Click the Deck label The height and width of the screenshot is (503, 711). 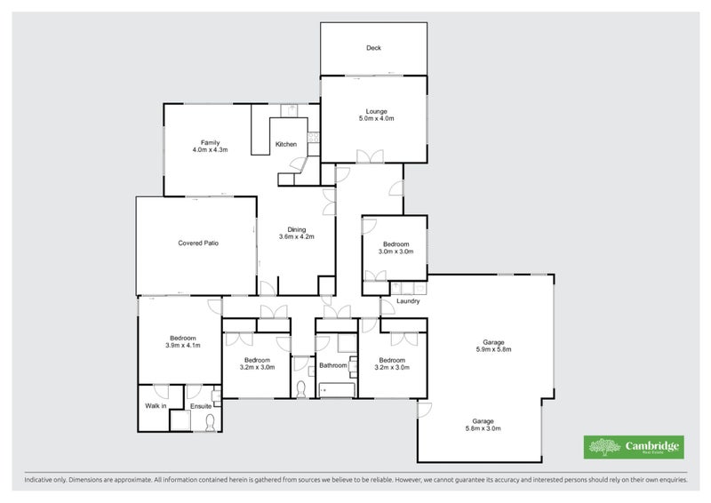373,48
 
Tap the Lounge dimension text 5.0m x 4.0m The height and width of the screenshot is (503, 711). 376,118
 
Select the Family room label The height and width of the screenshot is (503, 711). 210,142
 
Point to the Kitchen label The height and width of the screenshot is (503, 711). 285,144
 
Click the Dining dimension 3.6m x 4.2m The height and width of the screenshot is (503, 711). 296,237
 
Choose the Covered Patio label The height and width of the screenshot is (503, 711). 198,243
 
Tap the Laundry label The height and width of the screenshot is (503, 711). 408,300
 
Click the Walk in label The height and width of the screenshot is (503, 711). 156,407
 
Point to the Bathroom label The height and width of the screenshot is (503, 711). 333,365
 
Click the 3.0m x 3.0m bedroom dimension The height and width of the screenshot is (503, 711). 395,251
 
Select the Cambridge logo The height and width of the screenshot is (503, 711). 632,447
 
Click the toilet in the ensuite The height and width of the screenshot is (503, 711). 210,422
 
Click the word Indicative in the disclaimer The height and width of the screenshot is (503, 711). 38,480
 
